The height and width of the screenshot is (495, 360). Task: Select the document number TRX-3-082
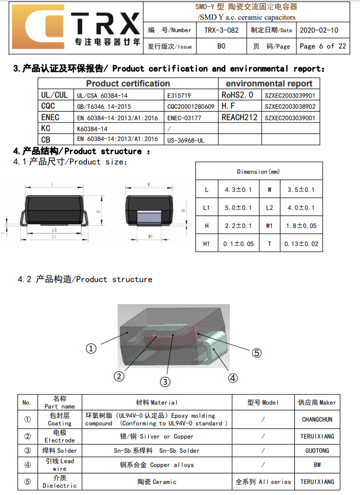221,30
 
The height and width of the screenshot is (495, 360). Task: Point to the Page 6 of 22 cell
323,46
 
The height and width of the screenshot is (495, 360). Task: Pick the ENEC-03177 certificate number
184,118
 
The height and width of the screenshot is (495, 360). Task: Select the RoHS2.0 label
237,95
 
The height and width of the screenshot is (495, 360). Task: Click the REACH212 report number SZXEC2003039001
290,118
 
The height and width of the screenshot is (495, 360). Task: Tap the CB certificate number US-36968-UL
185,140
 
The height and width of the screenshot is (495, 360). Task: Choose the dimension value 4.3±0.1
238,190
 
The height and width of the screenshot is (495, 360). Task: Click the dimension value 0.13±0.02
301,244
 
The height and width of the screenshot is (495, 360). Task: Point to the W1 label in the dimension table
269,226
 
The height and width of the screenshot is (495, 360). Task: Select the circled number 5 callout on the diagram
257,353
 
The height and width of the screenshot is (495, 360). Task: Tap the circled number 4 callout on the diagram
233,378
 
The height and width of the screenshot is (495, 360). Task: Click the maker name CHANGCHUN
317,420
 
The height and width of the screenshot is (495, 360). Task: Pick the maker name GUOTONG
317,451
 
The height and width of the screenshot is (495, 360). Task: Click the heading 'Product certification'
128,84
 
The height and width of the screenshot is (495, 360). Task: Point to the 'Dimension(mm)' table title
259,172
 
